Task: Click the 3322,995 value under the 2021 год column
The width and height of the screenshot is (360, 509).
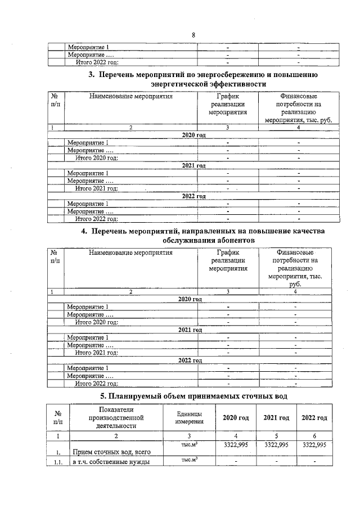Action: pos(276,444)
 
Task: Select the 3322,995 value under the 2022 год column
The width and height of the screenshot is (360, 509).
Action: pos(314,444)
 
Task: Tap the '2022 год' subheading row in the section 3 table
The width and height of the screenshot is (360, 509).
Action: pos(193,196)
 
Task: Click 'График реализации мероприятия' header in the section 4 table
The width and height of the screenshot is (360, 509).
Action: pos(228,260)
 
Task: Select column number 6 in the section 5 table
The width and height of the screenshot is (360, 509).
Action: pos(314,435)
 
